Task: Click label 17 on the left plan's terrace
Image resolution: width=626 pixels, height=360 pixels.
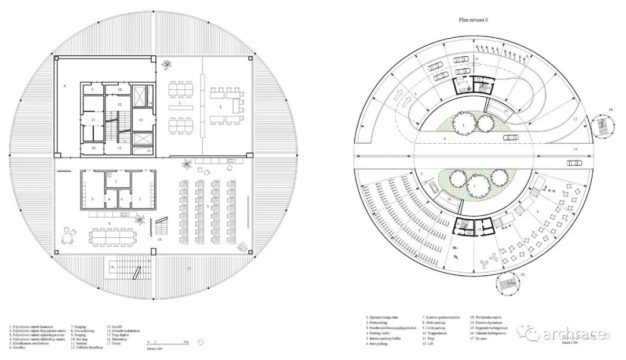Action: tap(188, 268)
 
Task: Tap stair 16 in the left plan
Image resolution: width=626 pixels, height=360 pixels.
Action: tap(122, 270)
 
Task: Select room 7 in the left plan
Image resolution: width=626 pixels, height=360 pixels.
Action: tap(116, 181)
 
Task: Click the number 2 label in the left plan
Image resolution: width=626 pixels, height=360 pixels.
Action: tap(221, 107)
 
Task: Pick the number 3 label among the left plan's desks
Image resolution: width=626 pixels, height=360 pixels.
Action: tap(208, 206)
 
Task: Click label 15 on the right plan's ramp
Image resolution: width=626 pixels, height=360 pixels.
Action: tap(505, 110)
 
